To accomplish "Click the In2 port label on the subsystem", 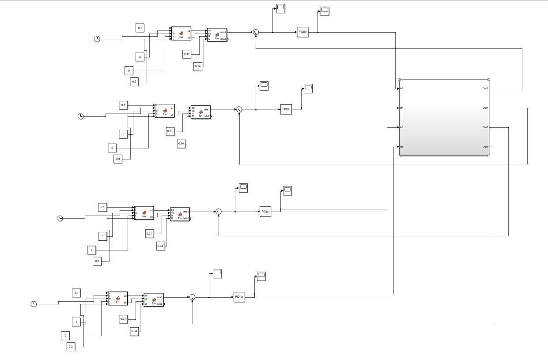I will (x=401, y=89).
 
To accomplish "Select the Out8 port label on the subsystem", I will (x=485, y=147).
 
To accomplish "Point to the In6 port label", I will (x=401, y=127).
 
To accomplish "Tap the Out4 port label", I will (x=485, y=108).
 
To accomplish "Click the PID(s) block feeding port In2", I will (x=302, y=32).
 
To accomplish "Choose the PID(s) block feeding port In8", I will (x=239, y=297).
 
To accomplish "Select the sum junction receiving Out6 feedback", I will (x=218, y=212).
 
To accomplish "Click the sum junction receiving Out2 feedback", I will (x=256, y=32).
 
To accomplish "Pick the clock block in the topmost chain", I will (x=97, y=39).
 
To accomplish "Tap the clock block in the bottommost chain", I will (x=34, y=304).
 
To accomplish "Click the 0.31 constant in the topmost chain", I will (x=187, y=54).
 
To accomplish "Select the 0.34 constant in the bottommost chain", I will (x=134, y=331).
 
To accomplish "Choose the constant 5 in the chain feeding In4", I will (x=124, y=134).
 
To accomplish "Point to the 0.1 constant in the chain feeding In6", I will (x=102, y=207).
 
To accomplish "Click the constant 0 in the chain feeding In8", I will (x=65, y=336).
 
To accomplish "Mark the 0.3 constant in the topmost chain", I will (x=134, y=82).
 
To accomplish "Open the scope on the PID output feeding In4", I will (x=308, y=88).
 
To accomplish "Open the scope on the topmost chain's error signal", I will (x=281, y=8).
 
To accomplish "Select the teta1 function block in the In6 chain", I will (x=180, y=214).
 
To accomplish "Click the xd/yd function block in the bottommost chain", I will (x=117, y=299).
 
